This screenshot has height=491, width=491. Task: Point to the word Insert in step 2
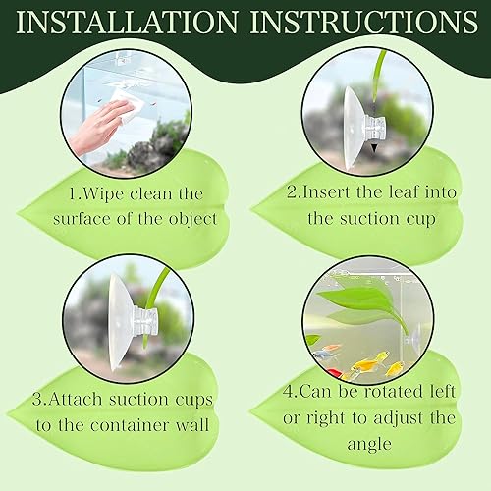(x=336, y=192)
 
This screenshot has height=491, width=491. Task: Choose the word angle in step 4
(x=367, y=443)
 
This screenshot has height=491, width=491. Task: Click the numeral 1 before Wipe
(x=48, y=194)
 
